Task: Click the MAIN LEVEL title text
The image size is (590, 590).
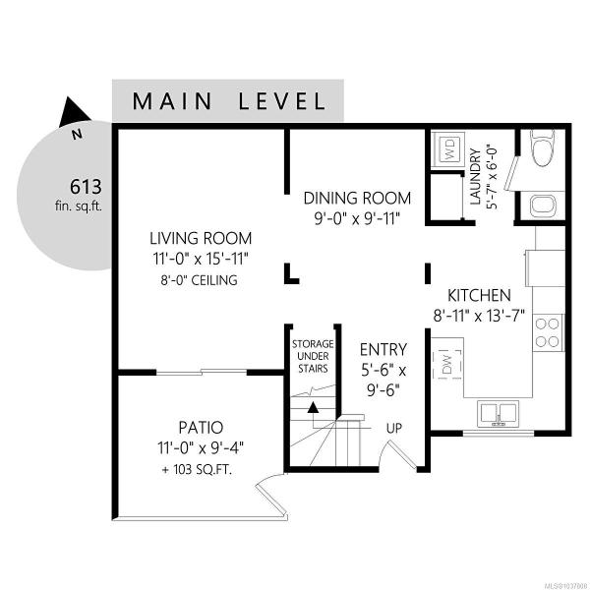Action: click(229, 101)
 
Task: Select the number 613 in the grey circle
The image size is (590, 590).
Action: click(86, 187)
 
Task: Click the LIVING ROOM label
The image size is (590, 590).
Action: click(201, 238)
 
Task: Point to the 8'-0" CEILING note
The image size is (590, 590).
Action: click(199, 280)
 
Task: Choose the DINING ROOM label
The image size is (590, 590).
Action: click(357, 199)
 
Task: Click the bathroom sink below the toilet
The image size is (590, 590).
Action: click(542, 206)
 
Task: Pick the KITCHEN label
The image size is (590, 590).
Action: click(479, 295)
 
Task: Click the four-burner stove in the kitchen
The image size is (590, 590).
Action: click(548, 332)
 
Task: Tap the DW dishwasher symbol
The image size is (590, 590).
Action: click(447, 364)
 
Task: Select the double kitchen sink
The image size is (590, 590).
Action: click(498, 414)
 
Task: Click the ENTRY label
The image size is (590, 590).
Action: click(383, 350)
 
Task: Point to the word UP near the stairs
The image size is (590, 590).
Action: click(394, 428)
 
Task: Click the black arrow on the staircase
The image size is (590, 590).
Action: click(313, 408)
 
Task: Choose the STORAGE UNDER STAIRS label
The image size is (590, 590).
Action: click(313, 356)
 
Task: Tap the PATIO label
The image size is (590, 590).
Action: click(201, 428)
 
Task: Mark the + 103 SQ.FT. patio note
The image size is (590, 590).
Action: click(197, 470)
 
